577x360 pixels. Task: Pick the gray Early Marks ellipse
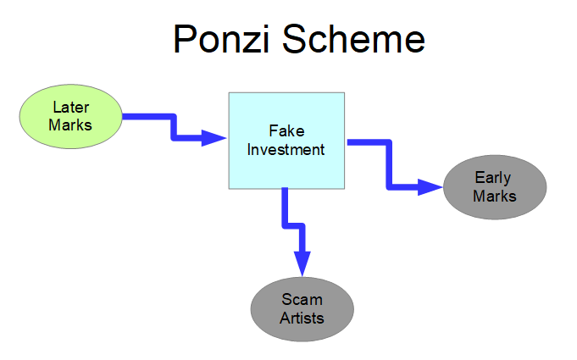click(495, 186)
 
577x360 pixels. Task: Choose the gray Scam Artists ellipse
click(302, 308)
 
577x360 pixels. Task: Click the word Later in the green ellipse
click(71, 108)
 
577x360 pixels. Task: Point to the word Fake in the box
click(286, 131)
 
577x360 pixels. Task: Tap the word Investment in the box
click(286, 150)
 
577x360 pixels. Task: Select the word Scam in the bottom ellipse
click(302, 300)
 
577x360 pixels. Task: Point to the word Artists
click(302, 318)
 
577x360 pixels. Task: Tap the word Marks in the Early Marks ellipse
click(495, 197)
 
